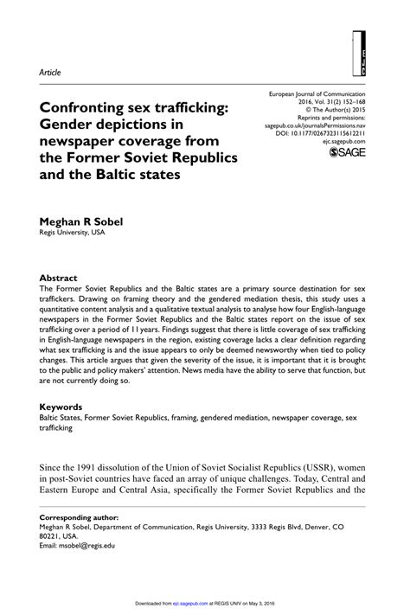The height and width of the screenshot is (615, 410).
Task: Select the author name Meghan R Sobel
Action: click(x=81, y=221)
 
